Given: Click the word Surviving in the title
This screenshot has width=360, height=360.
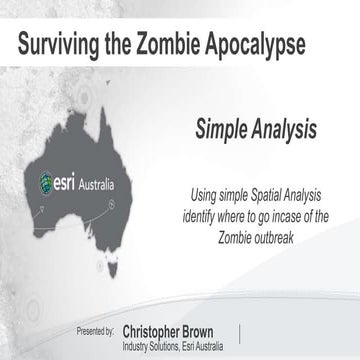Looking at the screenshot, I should (62, 43).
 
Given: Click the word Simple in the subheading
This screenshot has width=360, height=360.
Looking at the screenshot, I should (223, 129).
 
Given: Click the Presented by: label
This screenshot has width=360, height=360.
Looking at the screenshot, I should (96, 328).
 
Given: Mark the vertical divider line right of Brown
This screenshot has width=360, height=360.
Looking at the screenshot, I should (239, 332).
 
